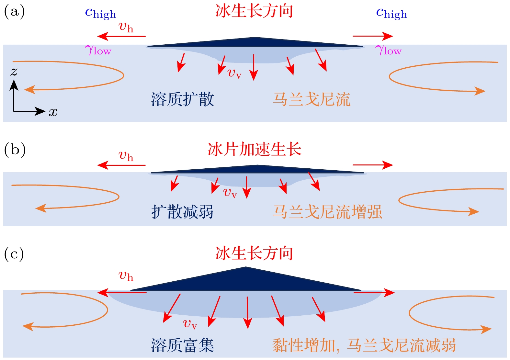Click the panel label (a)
pos(14,12)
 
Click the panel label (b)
pos(15,150)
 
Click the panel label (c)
pos(14,254)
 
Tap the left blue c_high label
pos(100,13)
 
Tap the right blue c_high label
pos(391,13)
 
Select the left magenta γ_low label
pos(98,51)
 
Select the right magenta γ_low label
pos(388,51)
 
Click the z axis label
pos(14,71)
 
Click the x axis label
pos(53,112)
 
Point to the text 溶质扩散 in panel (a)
pos(183,99)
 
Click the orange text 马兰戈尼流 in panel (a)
pos(312,99)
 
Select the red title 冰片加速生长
pos(255,149)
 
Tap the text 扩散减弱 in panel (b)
pos(183,212)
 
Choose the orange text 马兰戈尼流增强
pos(327,212)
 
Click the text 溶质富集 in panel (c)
pos(183,345)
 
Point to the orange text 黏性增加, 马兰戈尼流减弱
pos(364,345)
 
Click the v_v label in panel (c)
pos(190,324)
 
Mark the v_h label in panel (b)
pos(126,156)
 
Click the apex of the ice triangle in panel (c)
pos(246,267)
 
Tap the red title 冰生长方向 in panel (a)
pos(254,11)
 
